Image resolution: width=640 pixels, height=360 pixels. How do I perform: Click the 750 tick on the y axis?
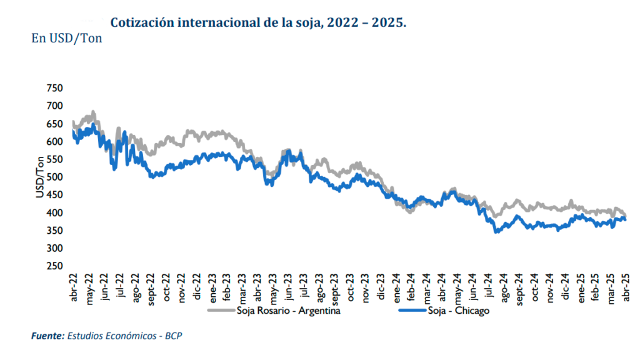click(55, 89)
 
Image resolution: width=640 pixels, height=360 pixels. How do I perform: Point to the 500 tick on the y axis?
click(55, 177)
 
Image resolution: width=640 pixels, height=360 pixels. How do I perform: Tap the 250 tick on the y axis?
click(55, 266)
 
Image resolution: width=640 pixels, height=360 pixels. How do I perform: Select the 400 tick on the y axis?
click(55, 213)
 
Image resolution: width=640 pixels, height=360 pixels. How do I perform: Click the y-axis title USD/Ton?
click(40, 178)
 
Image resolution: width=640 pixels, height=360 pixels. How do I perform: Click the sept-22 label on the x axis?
click(151, 292)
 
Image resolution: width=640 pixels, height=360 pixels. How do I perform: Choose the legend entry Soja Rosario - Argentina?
click(288, 311)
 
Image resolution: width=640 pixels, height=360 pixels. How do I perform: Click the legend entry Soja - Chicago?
click(459, 311)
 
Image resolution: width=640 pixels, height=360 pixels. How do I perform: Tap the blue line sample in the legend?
click(411, 311)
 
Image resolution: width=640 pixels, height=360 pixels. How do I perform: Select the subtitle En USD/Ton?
click(66, 38)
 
